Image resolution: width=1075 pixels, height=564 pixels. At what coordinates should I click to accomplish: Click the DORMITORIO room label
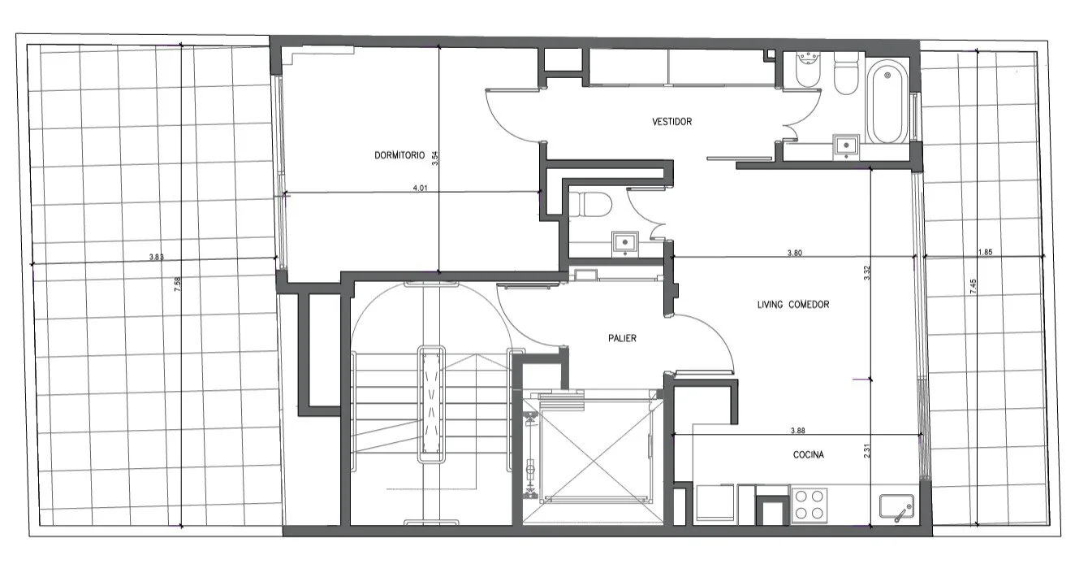pos(399,155)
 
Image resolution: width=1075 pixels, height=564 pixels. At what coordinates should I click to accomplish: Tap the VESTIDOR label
pos(672,122)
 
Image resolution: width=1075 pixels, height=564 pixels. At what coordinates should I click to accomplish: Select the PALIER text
pos(622,338)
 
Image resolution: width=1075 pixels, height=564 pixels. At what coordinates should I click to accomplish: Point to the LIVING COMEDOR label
pos(792,304)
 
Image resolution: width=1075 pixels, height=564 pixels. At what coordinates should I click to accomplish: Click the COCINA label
pos(808,454)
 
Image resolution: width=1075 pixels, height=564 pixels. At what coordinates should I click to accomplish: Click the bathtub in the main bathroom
pos(887,102)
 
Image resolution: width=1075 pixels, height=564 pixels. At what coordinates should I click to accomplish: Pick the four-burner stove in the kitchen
pos(809,505)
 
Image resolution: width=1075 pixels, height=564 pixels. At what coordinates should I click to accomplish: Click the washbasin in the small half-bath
pos(625,244)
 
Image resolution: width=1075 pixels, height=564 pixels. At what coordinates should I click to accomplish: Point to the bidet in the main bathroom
pos(808,70)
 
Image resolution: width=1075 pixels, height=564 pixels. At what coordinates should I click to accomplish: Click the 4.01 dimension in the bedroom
pos(420,188)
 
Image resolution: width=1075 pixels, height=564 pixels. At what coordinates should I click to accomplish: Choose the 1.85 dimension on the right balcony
pos(985,252)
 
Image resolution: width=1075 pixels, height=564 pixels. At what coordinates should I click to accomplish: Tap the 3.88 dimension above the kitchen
pos(797,431)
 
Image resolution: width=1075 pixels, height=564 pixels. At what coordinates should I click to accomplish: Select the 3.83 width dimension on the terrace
pos(157,257)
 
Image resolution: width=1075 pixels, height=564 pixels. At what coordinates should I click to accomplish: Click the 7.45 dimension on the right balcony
pos(973,287)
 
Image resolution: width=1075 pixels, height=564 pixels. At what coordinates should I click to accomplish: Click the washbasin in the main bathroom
pos(845,145)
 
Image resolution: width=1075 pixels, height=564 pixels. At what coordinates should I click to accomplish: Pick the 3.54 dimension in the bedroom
pos(435,158)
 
